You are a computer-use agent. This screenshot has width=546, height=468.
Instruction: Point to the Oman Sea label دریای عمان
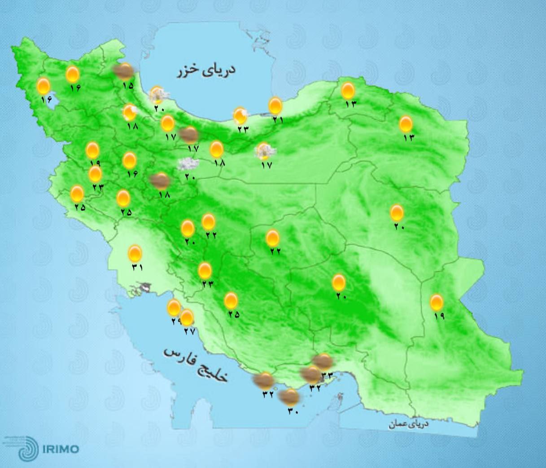409,424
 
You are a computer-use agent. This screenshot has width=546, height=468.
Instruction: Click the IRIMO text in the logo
61,449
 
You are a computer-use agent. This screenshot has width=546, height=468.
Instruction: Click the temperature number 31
137,267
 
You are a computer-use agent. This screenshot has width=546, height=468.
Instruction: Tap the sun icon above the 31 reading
135,254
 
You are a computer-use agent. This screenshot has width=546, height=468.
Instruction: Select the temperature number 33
327,375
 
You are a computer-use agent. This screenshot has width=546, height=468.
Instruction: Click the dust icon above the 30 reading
289,396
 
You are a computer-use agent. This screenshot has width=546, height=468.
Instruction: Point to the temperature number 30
293,409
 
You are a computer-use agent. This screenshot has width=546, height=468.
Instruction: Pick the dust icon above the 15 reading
123,70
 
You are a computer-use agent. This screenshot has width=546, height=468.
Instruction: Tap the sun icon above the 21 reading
275,106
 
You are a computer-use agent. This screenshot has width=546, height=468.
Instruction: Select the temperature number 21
278,120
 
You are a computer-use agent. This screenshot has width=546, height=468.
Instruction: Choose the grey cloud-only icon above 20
188,164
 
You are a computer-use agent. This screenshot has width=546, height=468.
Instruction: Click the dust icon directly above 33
323,361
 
